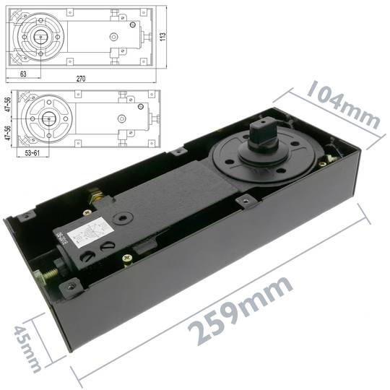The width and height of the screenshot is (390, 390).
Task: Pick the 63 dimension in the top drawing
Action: click(x=23, y=73)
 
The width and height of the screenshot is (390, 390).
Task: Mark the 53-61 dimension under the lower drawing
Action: click(x=33, y=154)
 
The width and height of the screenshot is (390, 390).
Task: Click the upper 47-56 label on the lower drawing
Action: click(x=8, y=105)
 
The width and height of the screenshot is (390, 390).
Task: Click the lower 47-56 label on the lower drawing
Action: click(x=8, y=136)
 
